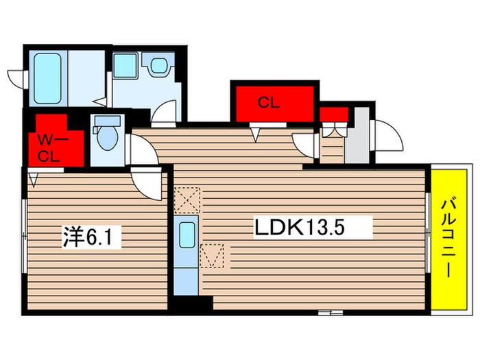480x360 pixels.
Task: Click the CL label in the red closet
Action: tap(269, 104)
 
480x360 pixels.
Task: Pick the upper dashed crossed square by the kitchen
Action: tap(187, 200)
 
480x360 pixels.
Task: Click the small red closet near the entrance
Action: tap(333, 113)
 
